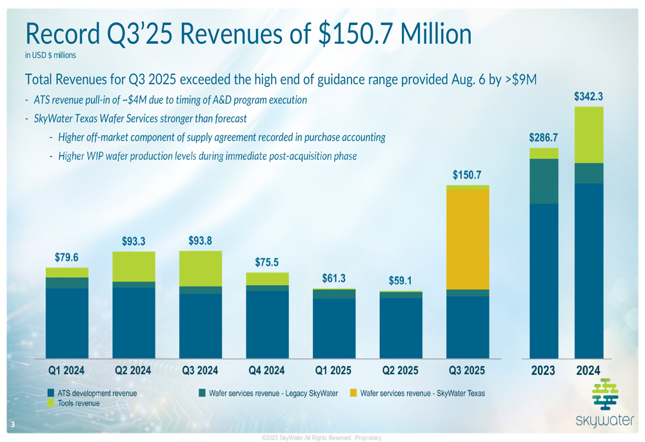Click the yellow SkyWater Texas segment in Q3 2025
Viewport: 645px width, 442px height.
coord(468,239)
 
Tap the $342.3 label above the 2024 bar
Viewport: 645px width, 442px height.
coord(589,96)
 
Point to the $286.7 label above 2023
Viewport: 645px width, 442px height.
coord(544,137)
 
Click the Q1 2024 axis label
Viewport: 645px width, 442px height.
coord(67,371)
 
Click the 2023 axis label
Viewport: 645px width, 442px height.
coord(544,371)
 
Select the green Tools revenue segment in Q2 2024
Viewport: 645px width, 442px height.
coord(134,266)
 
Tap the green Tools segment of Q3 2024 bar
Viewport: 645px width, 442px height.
coord(201,268)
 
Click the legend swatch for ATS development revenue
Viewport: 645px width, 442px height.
coord(51,392)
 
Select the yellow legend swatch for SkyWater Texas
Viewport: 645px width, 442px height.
coord(353,392)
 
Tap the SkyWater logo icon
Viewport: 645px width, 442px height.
coord(604,394)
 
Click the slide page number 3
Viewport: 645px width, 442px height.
coord(12,425)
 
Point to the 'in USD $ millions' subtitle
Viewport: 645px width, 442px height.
coord(50,55)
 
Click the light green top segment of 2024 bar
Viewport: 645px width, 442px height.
coord(589,135)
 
